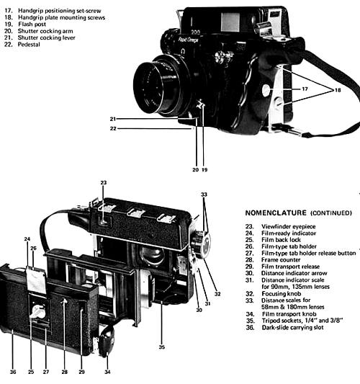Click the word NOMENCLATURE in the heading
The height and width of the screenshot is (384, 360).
276,213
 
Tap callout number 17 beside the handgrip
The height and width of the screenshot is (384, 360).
305,89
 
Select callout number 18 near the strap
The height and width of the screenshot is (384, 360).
338,90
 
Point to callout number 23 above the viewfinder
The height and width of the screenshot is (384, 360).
104,183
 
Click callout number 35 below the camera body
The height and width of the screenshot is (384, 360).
161,347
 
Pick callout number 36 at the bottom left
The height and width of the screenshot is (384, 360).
13,372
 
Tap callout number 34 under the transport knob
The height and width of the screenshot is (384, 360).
107,372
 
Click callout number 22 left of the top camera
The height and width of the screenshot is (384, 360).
113,128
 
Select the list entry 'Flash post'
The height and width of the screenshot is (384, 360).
32,24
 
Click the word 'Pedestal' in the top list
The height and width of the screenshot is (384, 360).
29,45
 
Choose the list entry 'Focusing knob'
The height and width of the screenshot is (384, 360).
282,293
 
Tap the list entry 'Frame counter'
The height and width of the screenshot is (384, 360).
281,259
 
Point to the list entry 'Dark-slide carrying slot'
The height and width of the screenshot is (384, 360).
293,327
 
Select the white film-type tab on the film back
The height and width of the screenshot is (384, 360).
36,280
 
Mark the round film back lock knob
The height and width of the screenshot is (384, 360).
37,311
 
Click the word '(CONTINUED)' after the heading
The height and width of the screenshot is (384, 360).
331,213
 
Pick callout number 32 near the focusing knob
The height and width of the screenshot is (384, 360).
217,294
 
